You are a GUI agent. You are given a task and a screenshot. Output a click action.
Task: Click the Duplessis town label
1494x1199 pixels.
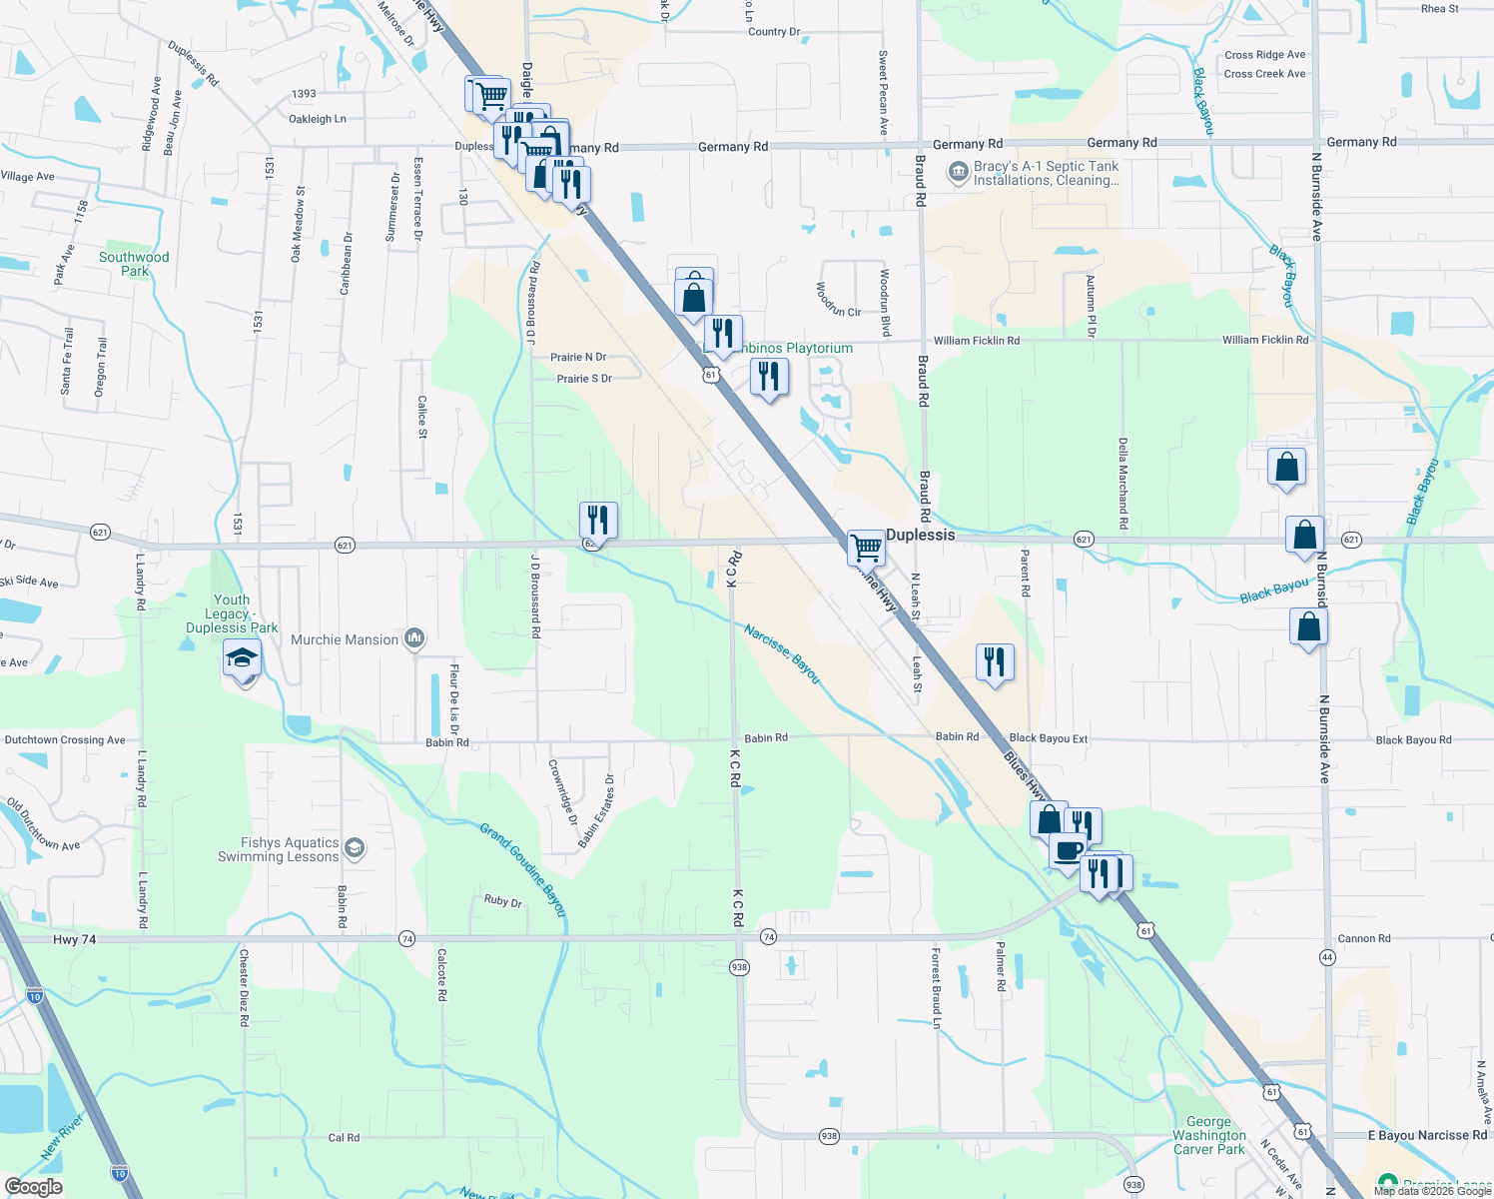(x=920, y=535)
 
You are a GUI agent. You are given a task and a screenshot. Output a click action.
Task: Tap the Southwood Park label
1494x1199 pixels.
(x=134, y=264)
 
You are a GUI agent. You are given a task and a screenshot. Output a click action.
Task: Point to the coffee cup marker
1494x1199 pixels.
(x=1068, y=851)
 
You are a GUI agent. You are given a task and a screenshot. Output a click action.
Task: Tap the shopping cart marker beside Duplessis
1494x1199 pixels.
(x=865, y=547)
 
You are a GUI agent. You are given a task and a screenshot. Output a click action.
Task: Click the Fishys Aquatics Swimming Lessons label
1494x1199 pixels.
(x=279, y=850)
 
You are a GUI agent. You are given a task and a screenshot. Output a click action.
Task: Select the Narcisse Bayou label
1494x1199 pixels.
(x=782, y=654)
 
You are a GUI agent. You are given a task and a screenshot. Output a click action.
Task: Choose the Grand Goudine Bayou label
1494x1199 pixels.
(x=522, y=869)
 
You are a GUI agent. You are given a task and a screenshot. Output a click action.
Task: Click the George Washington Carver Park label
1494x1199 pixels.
(x=1209, y=1135)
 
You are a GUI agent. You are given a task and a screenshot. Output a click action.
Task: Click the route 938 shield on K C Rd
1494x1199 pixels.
(x=739, y=967)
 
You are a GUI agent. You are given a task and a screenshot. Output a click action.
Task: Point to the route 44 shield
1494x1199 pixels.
(x=1327, y=957)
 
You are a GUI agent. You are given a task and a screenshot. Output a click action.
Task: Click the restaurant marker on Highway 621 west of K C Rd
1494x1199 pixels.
(x=598, y=520)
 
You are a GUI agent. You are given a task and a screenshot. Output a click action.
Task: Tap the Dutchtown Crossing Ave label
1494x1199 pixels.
(x=65, y=740)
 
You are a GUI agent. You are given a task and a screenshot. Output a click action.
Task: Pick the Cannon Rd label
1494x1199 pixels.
(x=1363, y=938)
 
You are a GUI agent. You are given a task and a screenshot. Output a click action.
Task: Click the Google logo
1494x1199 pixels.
(x=33, y=1187)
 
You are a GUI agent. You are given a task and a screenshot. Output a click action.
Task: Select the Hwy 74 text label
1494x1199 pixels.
(x=74, y=940)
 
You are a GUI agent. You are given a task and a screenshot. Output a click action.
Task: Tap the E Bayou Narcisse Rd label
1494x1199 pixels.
(x=1427, y=1135)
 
